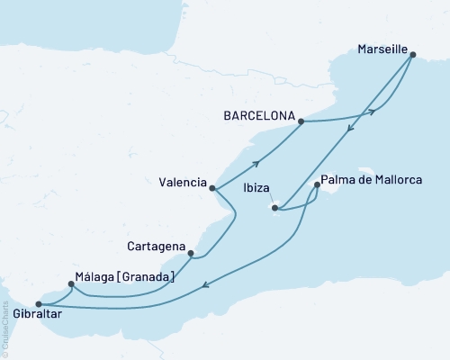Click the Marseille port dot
tap(412, 55)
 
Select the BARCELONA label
tap(258, 116)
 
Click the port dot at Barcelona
tap(301, 121)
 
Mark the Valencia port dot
tap(211, 188)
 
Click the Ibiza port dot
tap(274, 208)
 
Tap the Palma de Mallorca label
tap(373, 180)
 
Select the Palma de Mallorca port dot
tap(317, 186)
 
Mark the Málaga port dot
tap(71, 284)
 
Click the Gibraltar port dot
tap(38, 303)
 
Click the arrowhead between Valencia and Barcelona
tap(256, 163)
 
